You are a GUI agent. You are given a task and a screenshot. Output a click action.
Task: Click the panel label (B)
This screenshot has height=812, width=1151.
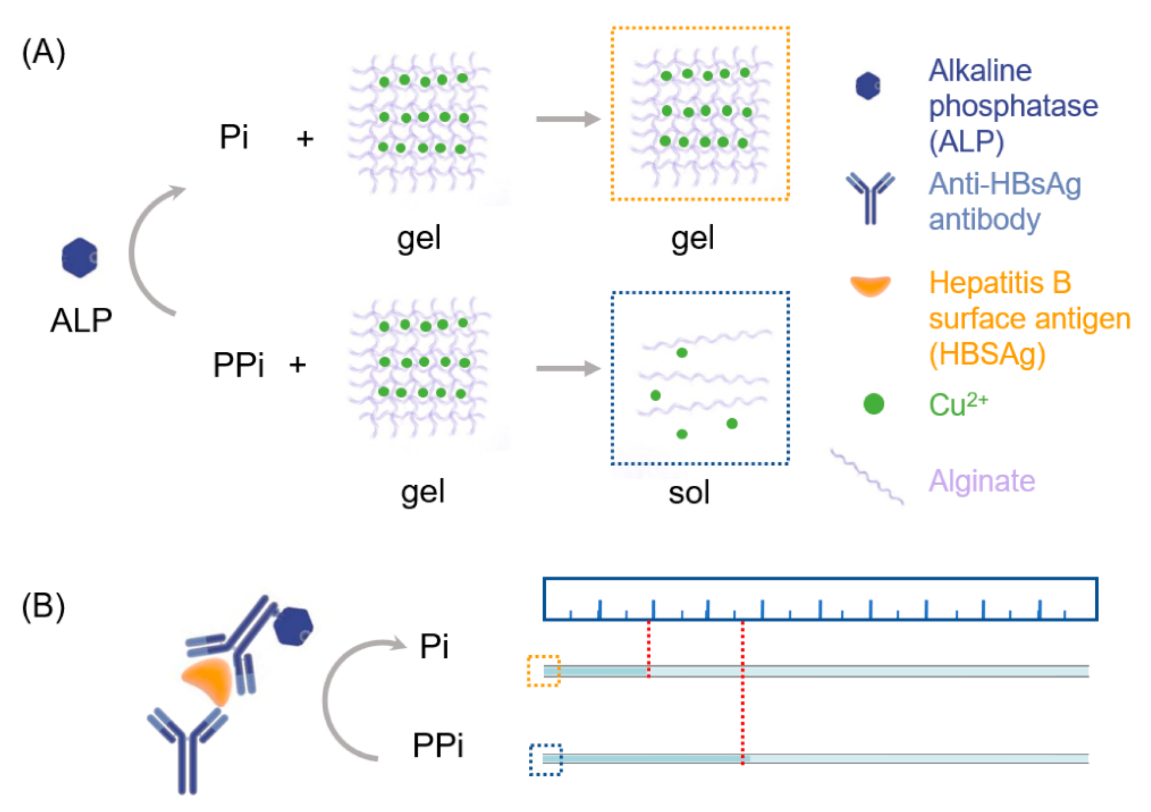[44, 607]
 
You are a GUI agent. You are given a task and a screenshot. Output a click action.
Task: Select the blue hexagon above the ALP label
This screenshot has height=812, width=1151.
[79, 257]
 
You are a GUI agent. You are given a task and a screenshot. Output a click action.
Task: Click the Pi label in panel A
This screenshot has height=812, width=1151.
[234, 136]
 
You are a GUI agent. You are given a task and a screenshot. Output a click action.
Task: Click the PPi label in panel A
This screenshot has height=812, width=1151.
[238, 365]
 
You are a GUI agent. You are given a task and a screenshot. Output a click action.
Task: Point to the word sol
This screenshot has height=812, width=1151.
[689, 493]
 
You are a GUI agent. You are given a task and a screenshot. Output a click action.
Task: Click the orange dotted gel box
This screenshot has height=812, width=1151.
[700, 114]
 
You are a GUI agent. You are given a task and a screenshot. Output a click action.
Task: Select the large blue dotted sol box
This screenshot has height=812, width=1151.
[700, 378]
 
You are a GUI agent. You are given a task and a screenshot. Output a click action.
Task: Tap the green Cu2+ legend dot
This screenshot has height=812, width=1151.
[873, 404]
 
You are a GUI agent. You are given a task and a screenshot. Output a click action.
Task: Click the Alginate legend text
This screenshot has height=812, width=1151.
[981, 481]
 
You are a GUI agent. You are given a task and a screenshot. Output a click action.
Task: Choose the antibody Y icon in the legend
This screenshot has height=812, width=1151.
[870, 197]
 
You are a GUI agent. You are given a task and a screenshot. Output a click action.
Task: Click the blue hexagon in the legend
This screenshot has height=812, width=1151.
[868, 86]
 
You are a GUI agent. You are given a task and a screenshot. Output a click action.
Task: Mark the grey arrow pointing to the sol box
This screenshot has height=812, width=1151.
[568, 369]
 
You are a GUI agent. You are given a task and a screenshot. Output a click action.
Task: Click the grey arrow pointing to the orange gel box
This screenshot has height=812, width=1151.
[568, 119]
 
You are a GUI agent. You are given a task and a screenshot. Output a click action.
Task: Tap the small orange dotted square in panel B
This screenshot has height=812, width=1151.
[543, 671]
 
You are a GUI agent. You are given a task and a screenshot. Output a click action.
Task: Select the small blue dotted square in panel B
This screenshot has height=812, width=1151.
[545, 759]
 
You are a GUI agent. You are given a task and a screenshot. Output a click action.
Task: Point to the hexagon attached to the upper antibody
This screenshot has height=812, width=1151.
[293, 626]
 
